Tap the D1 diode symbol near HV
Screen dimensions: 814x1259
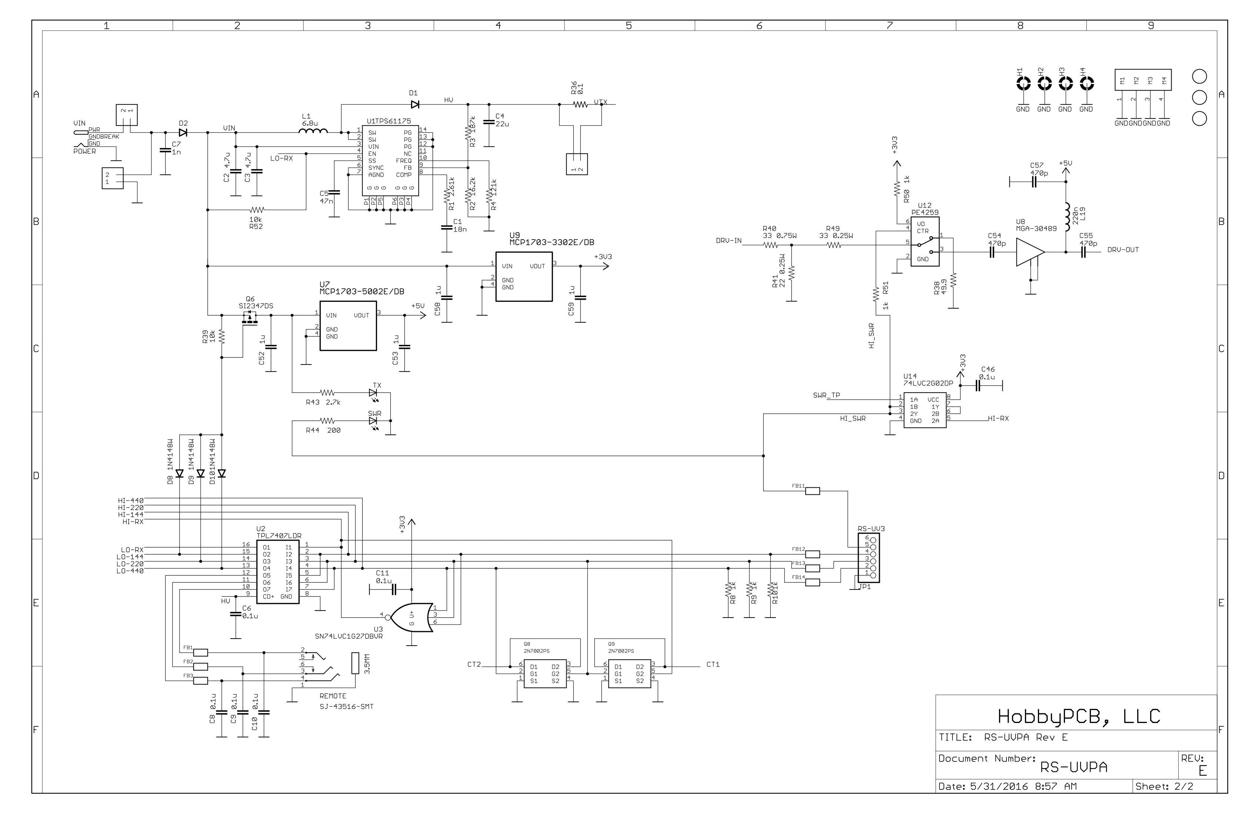(415, 105)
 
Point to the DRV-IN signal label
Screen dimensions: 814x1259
(728, 241)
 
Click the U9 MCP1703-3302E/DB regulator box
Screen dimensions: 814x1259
(523, 276)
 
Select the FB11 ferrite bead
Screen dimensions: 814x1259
(812, 491)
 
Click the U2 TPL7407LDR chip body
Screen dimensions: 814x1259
(278, 572)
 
